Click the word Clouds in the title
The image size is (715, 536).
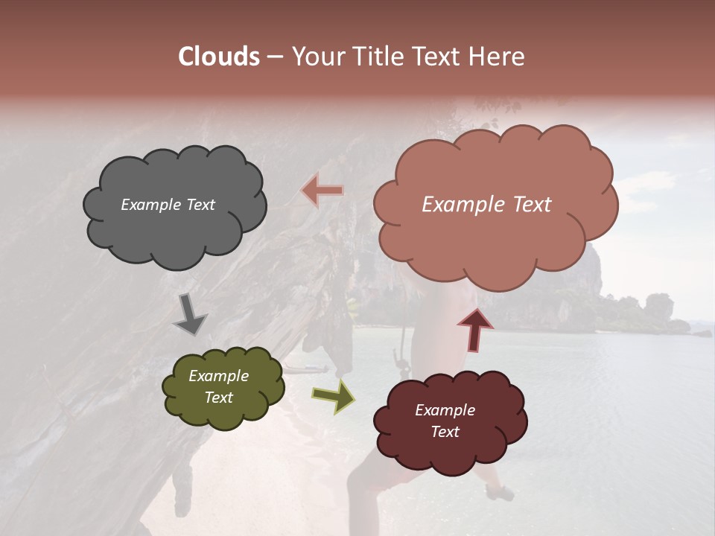pos(219,57)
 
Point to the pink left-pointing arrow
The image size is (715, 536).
pos(322,191)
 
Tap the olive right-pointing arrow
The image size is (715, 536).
pos(333,395)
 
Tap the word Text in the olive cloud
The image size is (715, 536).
pos(219,398)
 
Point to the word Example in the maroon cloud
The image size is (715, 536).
pos(445,410)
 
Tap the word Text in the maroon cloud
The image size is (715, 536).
pos(445,432)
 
